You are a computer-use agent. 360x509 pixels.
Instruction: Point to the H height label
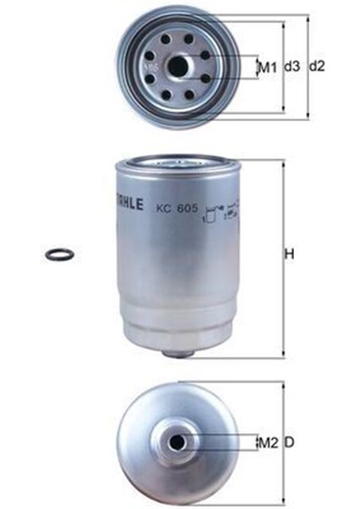coord(290,255)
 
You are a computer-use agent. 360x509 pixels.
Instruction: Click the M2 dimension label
coord(267,442)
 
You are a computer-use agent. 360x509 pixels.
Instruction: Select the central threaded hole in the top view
coord(178,66)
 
